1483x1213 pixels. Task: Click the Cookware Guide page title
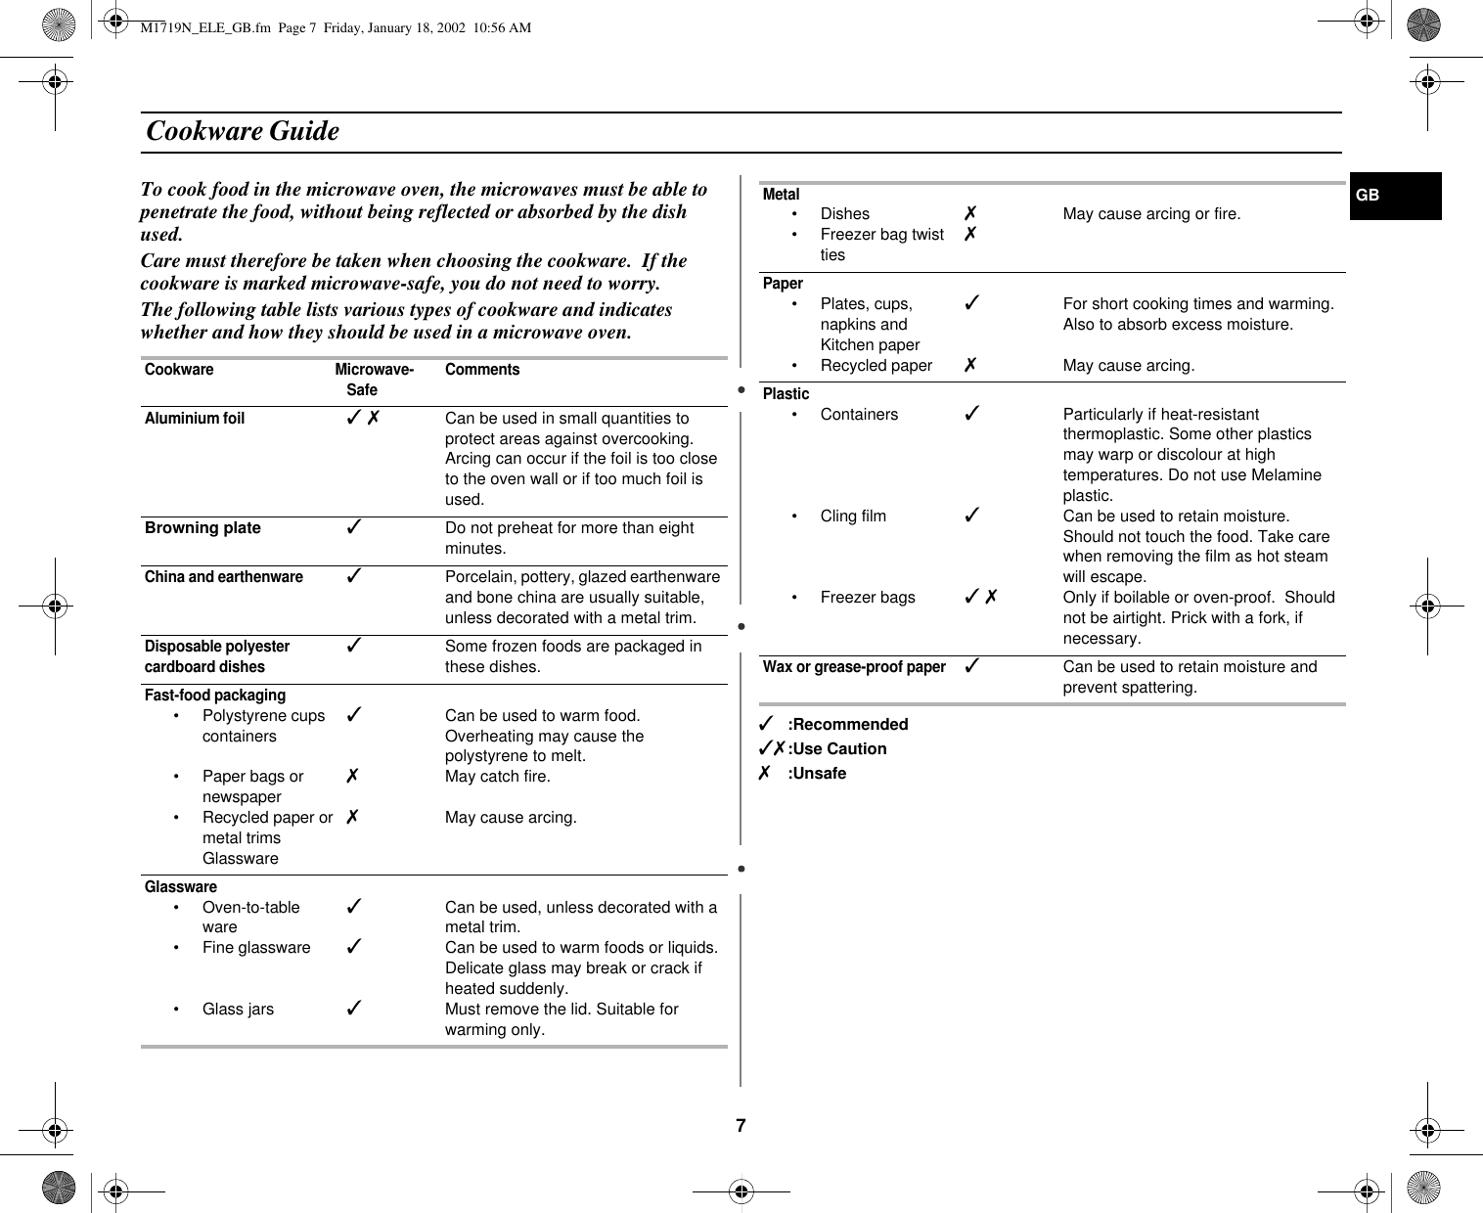(243, 131)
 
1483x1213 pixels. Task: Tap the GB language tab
(1368, 195)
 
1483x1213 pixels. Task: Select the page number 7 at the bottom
(741, 1125)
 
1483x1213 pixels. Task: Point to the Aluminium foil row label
(195, 419)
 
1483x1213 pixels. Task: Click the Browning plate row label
(202, 528)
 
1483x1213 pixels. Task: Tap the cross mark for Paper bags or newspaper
(352, 776)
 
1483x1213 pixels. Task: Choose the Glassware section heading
(181, 886)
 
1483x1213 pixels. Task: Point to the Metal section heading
(781, 194)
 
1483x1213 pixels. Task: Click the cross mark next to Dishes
(969, 213)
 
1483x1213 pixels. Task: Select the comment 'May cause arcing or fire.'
(1151, 213)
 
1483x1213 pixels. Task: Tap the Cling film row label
(853, 516)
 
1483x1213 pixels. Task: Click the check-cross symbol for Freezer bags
(980, 597)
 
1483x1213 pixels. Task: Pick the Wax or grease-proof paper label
(854, 666)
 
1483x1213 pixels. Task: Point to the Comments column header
(482, 370)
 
